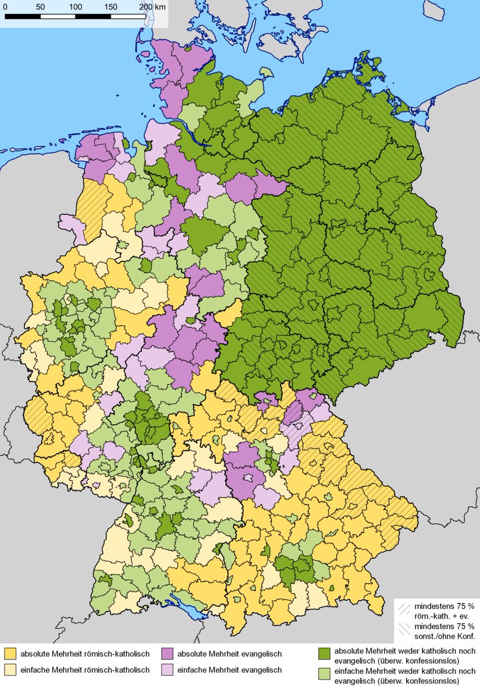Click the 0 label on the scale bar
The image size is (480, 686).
click(x=5, y=6)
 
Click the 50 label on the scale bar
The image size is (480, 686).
click(x=40, y=6)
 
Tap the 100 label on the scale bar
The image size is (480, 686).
click(x=75, y=6)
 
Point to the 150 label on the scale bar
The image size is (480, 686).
click(x=111, y=6)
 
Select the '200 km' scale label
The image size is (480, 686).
click(x=152, y=6)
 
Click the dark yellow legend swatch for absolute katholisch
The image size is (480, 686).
click(x=9, y=653)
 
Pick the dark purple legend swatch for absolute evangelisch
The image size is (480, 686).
click(x=167, y=653)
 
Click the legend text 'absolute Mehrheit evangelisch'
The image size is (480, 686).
click(x=230, y=653)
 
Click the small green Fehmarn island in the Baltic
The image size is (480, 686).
click(x=265, y=73)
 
